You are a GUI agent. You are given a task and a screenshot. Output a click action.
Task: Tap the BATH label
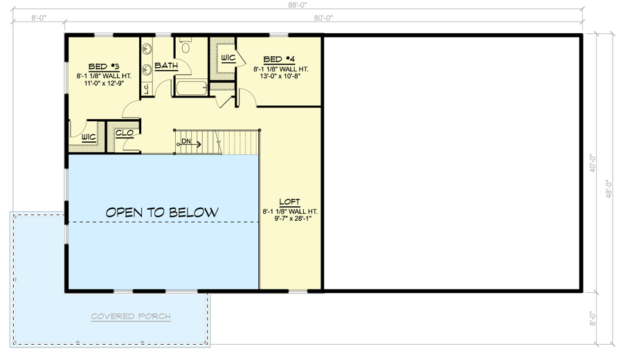[166, 66]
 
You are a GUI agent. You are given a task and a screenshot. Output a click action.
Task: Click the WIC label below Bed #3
[88, 137]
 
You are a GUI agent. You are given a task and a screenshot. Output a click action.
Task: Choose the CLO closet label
[124, 134]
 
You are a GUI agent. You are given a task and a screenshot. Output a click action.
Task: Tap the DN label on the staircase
[186, 142]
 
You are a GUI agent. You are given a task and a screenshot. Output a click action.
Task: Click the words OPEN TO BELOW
[162, 212]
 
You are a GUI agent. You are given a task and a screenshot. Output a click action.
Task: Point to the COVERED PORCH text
[132, 317]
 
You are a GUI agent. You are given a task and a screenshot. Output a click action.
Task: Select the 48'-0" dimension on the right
[609, 189]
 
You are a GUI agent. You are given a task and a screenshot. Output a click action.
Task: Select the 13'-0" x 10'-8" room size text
[280, 78]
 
